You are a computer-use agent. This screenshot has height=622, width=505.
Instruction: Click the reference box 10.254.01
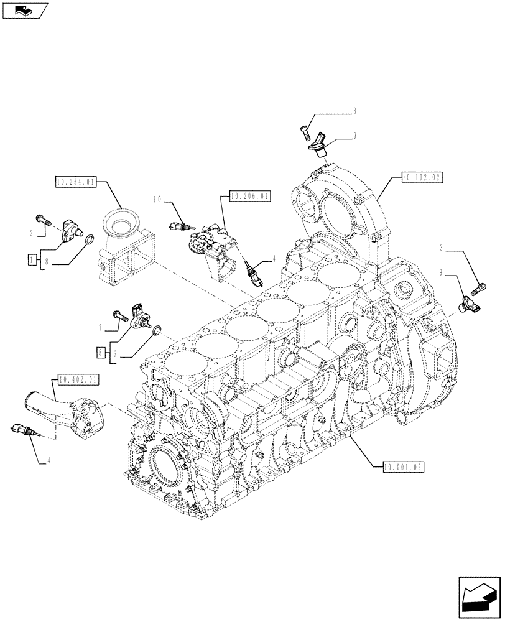pyautogui.click(x=75, y=182)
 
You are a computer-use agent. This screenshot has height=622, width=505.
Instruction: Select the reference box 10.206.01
pyautogui.click(x=250, y=196)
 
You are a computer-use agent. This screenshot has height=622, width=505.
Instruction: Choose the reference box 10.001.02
pyautogui.click(x=404, y=465)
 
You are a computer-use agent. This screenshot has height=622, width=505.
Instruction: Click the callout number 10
pyautogui.click(x=158, y=200)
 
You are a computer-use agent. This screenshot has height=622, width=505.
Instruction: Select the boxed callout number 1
pyautogui.click(x=31, y=259)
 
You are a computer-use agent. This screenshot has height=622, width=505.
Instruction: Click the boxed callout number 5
pyautogui.click(x=100, y=352)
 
